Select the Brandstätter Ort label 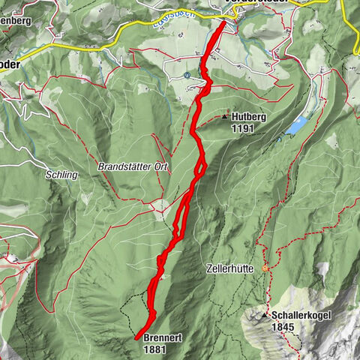131,165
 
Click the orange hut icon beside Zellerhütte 265,268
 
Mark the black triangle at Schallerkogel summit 268,316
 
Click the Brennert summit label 161,337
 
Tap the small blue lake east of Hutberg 296,125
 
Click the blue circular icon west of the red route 186,76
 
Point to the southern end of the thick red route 136,338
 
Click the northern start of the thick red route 223,22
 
